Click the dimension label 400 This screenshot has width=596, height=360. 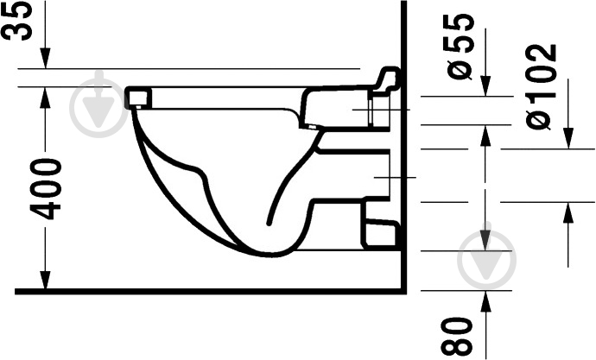tap(46, 189)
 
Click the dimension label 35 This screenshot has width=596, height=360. tap(17, 20)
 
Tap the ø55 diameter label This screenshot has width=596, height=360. tap(460, 46)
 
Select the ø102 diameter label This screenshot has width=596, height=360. tap(542, 87)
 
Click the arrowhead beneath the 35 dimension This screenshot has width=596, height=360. tap(46, 58)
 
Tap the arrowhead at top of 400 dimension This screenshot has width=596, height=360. tap(46, 98)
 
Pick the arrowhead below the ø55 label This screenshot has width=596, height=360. tap(485, 85)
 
